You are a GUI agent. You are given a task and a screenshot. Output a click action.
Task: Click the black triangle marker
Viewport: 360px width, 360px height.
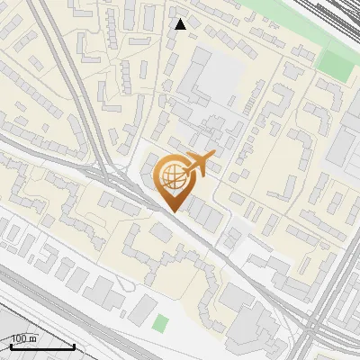point(181,24)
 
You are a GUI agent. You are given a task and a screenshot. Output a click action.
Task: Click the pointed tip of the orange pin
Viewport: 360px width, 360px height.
point(173,211)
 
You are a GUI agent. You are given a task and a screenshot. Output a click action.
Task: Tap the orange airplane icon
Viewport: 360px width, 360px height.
point(199,164)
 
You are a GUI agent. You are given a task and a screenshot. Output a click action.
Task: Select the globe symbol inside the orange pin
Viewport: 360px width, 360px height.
point(172,175)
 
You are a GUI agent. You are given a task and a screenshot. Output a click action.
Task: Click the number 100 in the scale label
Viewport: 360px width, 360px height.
point(19,338)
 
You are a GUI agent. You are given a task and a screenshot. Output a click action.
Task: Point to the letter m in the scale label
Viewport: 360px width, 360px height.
point(32,338)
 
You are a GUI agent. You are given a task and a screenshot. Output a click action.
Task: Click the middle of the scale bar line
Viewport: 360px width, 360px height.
point(41,346)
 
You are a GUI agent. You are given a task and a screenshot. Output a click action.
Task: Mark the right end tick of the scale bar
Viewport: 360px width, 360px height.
point(74,345)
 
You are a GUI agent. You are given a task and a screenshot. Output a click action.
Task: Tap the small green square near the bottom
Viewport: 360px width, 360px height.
point(161,322)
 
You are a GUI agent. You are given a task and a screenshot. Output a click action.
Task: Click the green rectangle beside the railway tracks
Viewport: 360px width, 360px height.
point(336,63)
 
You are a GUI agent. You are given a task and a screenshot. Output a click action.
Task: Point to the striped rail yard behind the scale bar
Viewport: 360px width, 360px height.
point(36,337)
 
